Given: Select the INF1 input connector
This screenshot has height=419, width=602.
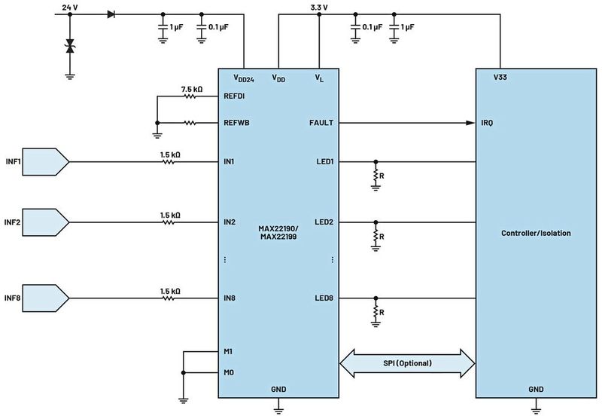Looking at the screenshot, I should pyautogui.click(x=47, y=161).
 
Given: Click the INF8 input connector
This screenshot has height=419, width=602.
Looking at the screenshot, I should pyautogui.click(x=47, y=298).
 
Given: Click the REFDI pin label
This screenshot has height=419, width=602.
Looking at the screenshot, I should pyautogui.click(x=236, y=96).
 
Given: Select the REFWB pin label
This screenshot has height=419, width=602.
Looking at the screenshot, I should pyautogui.click(x=236, y=122).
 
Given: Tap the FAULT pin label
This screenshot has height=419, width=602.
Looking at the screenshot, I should pyautogui.click(x=321, y=122).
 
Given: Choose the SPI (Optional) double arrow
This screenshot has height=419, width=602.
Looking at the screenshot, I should pyautogui.click(x=408, y=363).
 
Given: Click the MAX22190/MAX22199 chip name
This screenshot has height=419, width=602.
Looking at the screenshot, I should pyautogui.click(x=278, y=233).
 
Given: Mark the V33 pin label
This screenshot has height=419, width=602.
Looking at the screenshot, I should pyautogui.click(x=500, y=77).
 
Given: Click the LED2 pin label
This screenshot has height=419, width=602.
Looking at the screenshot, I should pyautogui.click(x=324, y=222).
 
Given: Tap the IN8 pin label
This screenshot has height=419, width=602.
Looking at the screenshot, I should pyautogui.click(x=230, y=298).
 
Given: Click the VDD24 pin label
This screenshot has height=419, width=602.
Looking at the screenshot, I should pyautogui.click(x=245, y=78).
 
